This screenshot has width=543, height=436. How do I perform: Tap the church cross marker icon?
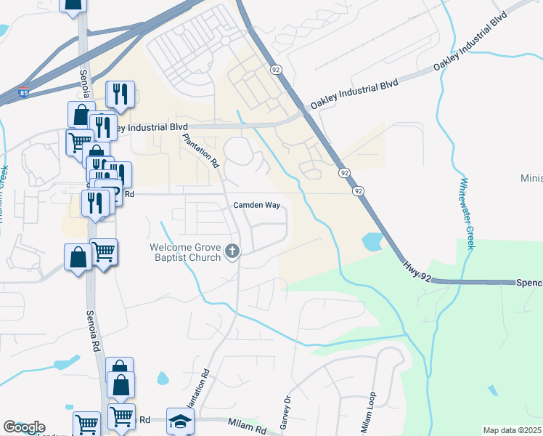click(232, 252)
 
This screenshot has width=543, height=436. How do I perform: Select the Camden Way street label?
click(256, 206)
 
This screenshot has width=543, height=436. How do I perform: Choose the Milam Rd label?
click(245, 422)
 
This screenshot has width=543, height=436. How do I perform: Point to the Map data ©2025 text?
click(511, 430)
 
